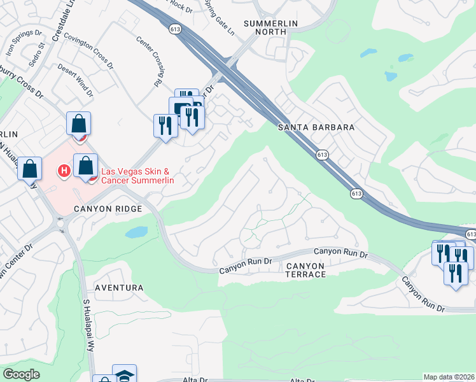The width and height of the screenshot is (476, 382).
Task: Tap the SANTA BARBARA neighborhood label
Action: pyautogui.click(x=316, y=127)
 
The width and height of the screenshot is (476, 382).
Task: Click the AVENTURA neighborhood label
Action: pyautogui.click(x=119, y=288)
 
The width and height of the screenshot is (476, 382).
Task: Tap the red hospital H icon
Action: pyautogui.click(x=64, y=171)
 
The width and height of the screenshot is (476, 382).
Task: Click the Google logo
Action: pyautogui.click(x=21, y=374)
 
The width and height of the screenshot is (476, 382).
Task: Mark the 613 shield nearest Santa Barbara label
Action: pyautogui.click(x=321, y=155)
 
